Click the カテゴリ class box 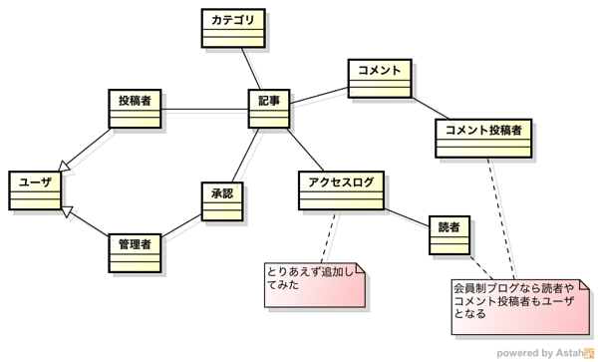click(x=233, y=28)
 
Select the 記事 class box click(x=269, y=109)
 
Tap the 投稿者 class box click(x=135, y=109)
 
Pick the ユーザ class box click(x=35, y=190)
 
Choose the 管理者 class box click(x=135, y=253)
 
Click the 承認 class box click(x=222, y=201)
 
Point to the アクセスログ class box click(x=341, y=190)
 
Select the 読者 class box click(x=449, y=235)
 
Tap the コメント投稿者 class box click(x=483, y=138)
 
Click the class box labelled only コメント click(x=380, y=78)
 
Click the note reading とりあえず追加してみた click(x=315, y=284)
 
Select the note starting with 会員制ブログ click(x=520, y=307)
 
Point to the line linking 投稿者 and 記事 click(x=204, y=110)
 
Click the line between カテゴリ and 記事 click(x=251, y=69)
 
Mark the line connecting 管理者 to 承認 click(x=181, y=225)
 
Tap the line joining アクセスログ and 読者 click(x=407, y=217)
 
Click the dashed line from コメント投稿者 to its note click(x=501, y=218)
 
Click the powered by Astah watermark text click(x=540, y=353)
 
